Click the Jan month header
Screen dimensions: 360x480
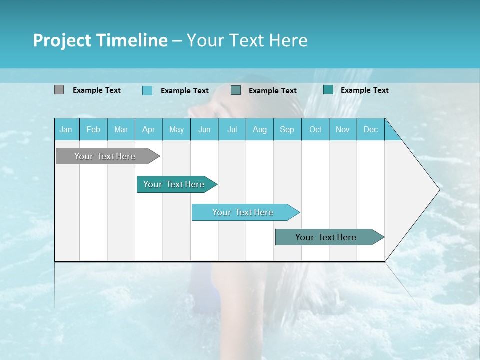pos(66,129)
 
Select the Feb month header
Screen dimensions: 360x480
pos(93,129)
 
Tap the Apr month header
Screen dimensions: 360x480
pos(148,129)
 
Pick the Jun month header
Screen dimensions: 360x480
pos(204,129)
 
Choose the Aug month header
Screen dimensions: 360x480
pos(259,129)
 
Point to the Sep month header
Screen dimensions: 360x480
pos(287,129)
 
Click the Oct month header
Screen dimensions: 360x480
pos(315,129)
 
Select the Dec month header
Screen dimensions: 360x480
pos(370,129)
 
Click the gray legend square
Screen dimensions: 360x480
pos(59,90)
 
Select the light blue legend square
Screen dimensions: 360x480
pos(147,90)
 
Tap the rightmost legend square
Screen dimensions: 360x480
pos(328,90)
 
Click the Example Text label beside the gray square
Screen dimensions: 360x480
pos(97,90)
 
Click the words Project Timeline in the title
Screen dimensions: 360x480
pos(100,40)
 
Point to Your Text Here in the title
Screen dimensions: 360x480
pos(247,40)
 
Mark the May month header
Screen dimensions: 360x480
pos(176,129)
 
